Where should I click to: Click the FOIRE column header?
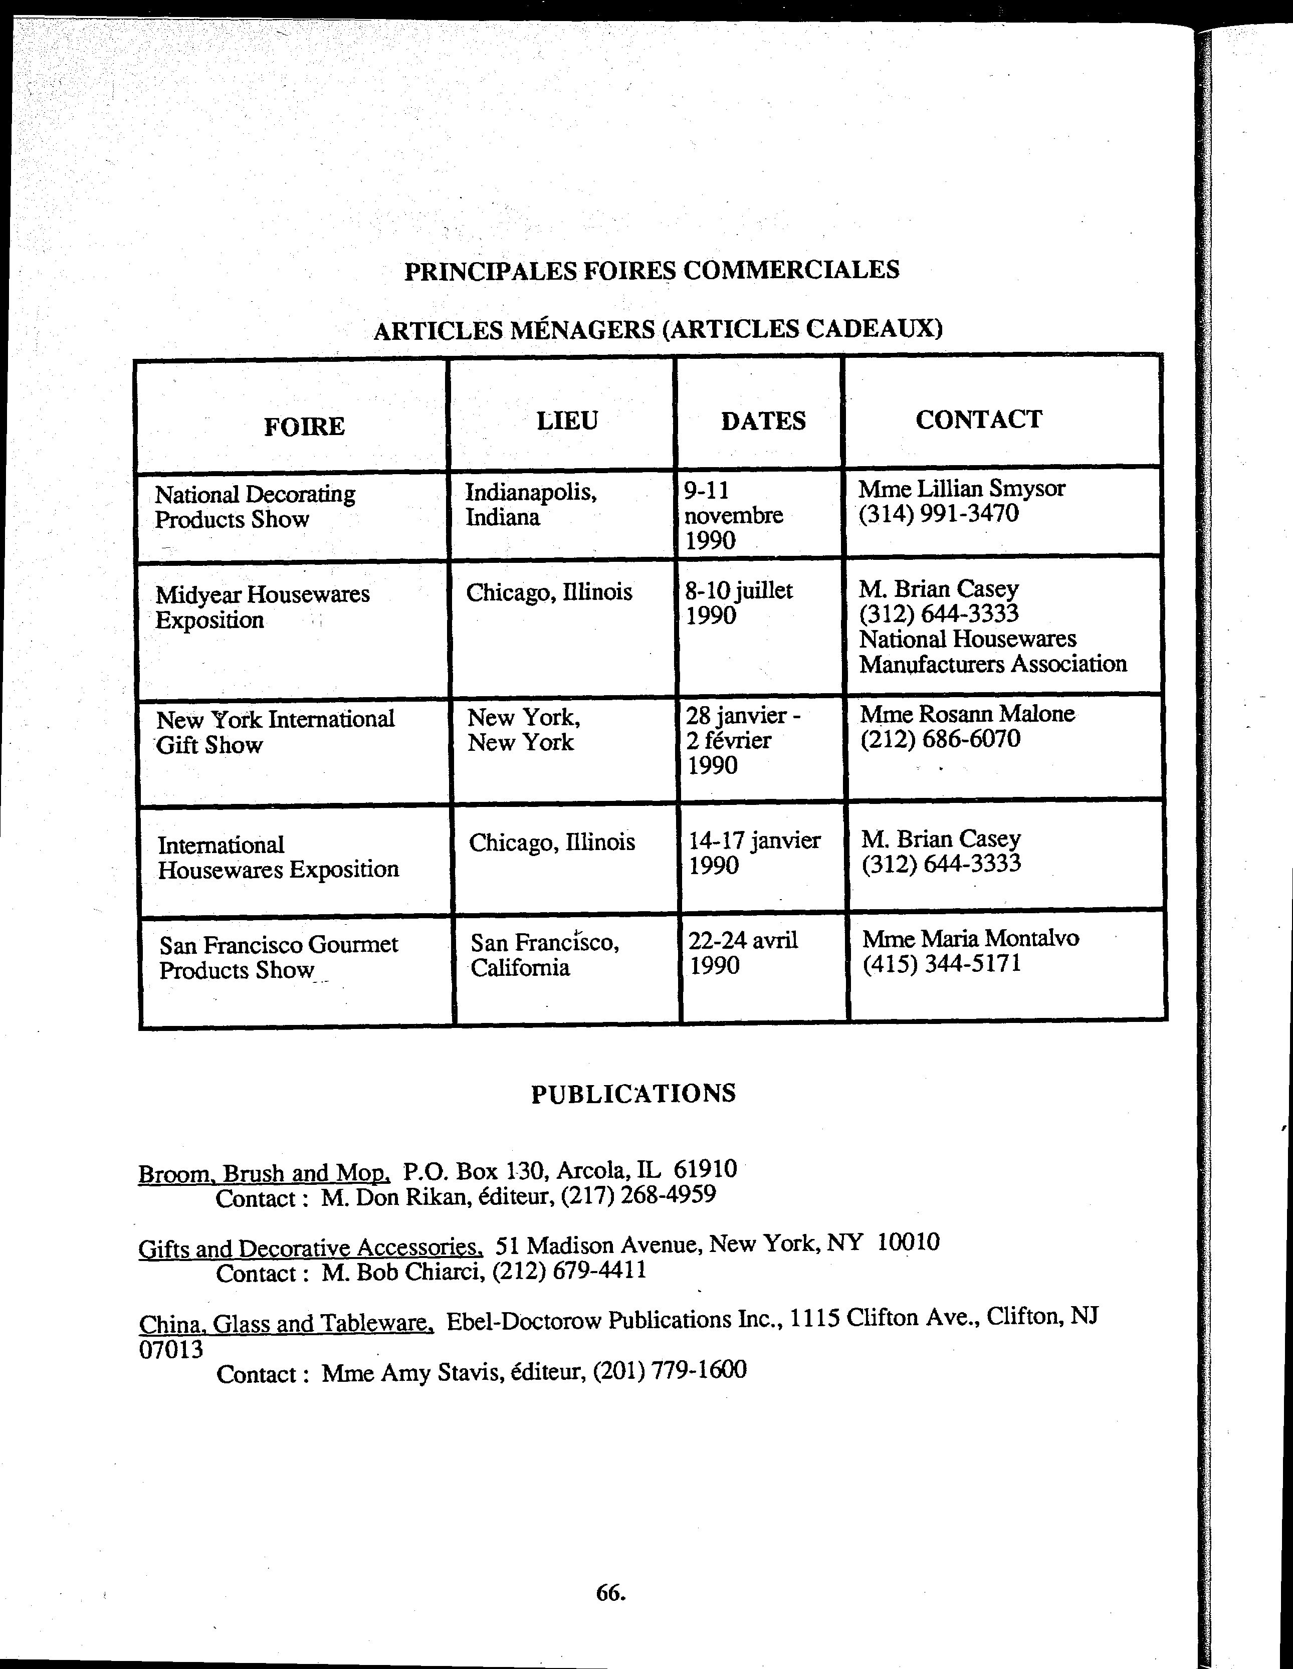click(304, 426)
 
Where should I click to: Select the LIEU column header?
click(566, 421)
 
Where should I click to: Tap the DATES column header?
click(763, 421)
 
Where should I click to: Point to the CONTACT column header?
click(978, 419)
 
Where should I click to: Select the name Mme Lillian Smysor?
click(961, 488)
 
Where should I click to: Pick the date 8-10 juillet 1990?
click(738, 602)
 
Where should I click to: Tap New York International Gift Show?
click(275, 731)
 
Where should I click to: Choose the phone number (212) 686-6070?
click(940, 739)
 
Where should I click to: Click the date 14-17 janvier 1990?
click(753, 853)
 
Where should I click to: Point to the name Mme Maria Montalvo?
click(971, 938)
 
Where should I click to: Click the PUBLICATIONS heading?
click(633, 1093)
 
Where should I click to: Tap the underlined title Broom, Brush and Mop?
click(265, 1173)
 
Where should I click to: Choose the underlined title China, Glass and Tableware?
click(287, 1323)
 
